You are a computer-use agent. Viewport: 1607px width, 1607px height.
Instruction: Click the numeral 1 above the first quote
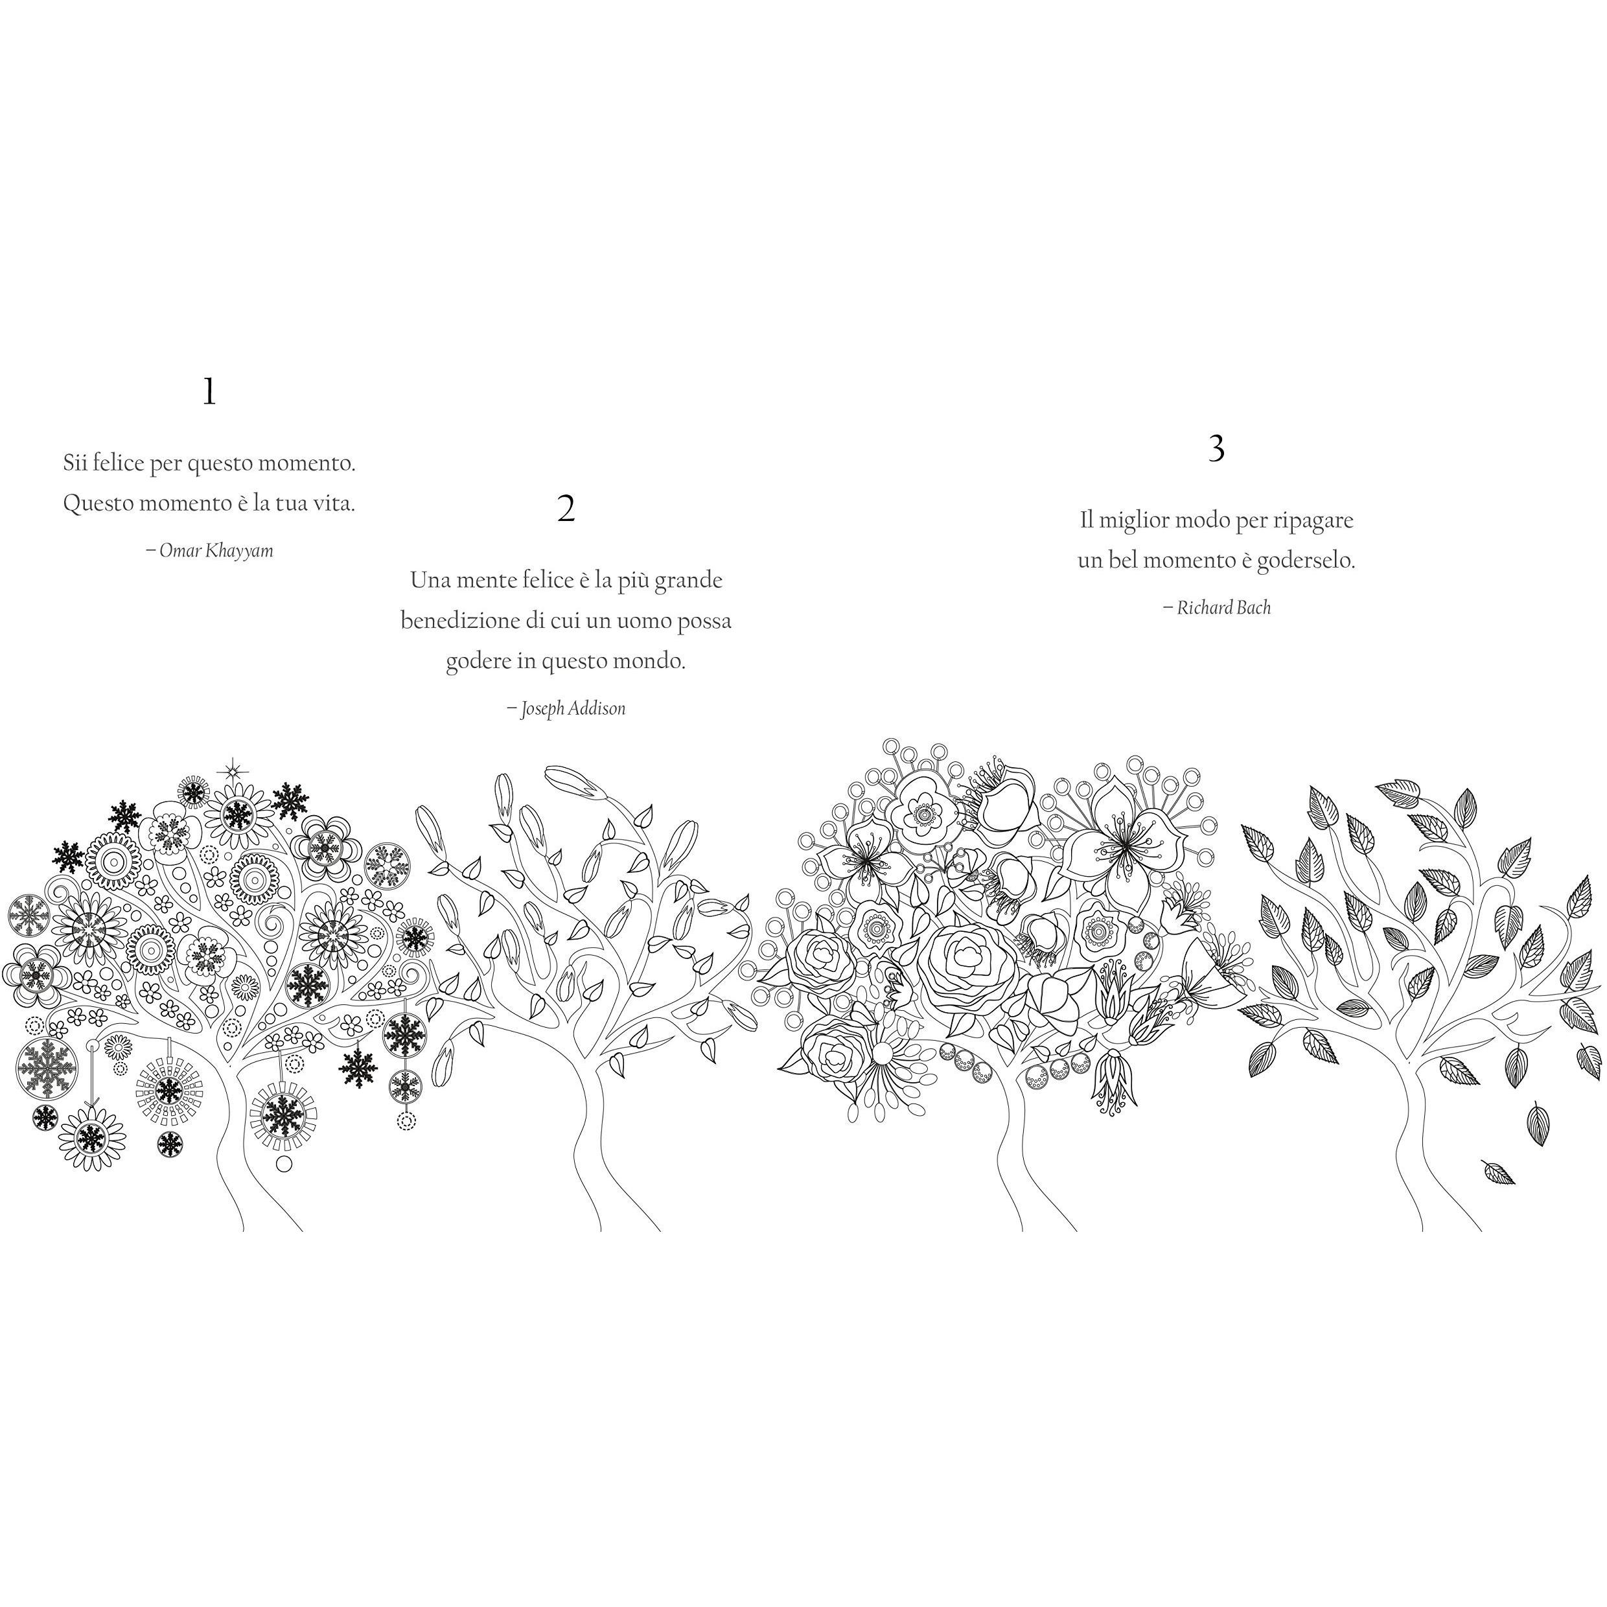pos(209,392)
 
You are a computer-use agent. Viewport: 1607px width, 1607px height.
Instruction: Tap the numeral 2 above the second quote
pos(566,508)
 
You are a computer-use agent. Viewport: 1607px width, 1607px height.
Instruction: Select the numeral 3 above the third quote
pos(1216,449)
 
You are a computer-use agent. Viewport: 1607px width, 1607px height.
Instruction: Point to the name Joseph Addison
pos(573,709)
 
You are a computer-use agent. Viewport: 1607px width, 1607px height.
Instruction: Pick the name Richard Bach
pos(1223,608)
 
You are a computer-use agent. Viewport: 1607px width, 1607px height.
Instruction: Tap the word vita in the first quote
pos(331,504)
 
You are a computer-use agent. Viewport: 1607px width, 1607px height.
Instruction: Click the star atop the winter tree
pos(232,769)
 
